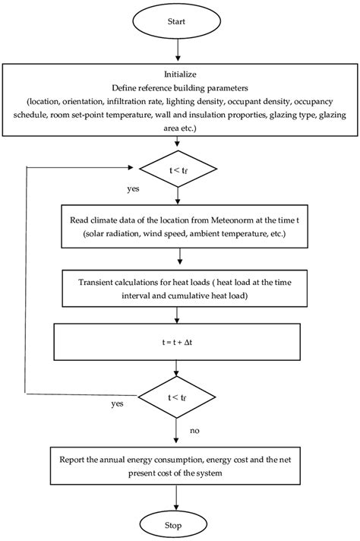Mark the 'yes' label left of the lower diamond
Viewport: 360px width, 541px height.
116,403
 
